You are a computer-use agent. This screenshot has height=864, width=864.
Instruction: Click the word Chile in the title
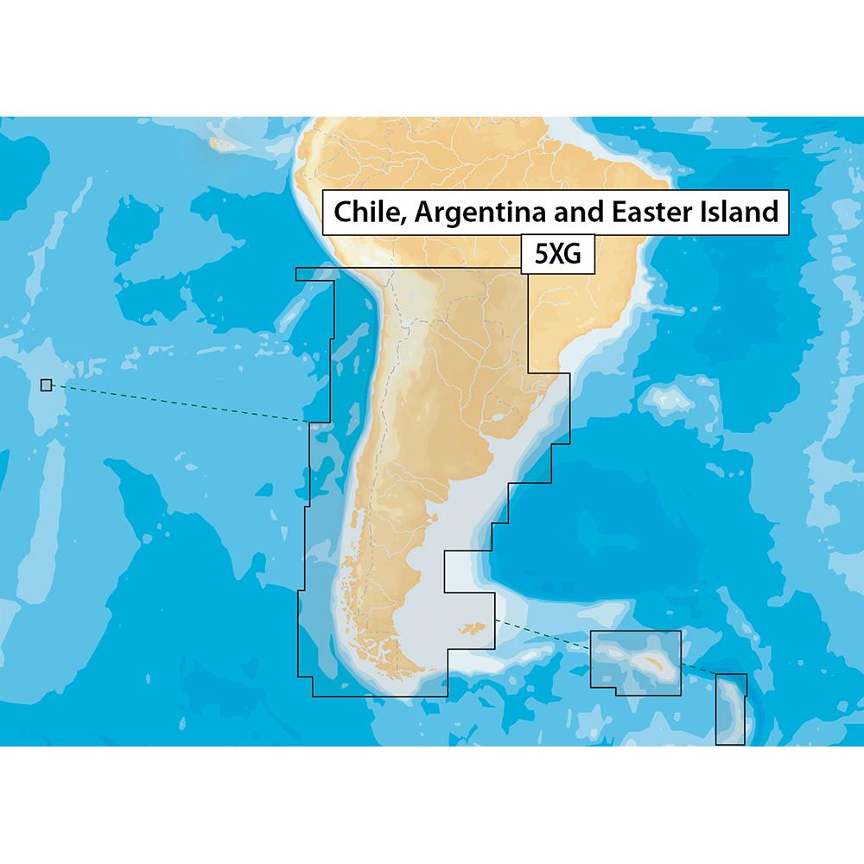click(x=363, y=212)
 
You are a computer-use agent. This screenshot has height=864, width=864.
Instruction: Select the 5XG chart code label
click(x=558, y=256)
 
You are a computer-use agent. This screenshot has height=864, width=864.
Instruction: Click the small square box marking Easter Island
click(x=46, y=385)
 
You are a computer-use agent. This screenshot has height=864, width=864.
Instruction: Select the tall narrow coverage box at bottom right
click(x=730, y=708)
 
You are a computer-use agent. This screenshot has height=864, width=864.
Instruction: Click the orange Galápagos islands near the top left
click(x=223, y=140)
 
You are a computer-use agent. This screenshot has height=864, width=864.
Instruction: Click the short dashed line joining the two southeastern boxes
click(x=698, y=670)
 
